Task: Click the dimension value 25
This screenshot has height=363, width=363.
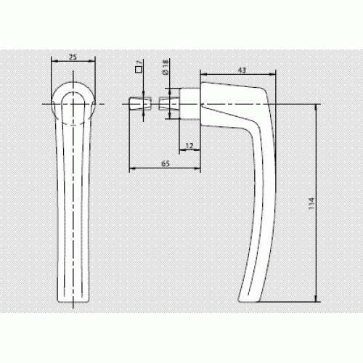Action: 73,57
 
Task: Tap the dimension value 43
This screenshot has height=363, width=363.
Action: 242,70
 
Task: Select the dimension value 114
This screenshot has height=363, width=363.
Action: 311,203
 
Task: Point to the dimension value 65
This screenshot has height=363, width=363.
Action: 166,163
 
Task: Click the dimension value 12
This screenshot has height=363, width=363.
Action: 189,146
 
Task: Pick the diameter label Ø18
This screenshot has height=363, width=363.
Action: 166,68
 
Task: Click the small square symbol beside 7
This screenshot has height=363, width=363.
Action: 138,70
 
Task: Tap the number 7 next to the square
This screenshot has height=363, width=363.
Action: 139,62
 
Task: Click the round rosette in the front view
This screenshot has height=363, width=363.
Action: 73,82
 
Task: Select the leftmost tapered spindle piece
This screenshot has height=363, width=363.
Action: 140,104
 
